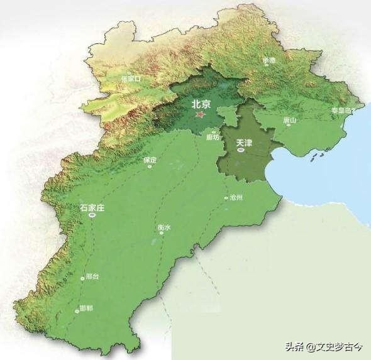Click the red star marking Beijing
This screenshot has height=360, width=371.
201,115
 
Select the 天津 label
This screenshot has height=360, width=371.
244,143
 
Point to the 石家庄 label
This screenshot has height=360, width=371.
92,206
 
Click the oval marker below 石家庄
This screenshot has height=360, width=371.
92,215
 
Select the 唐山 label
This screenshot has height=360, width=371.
290,119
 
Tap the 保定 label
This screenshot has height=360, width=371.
149,160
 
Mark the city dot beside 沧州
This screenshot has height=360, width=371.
226,198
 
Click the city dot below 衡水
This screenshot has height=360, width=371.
161,232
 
